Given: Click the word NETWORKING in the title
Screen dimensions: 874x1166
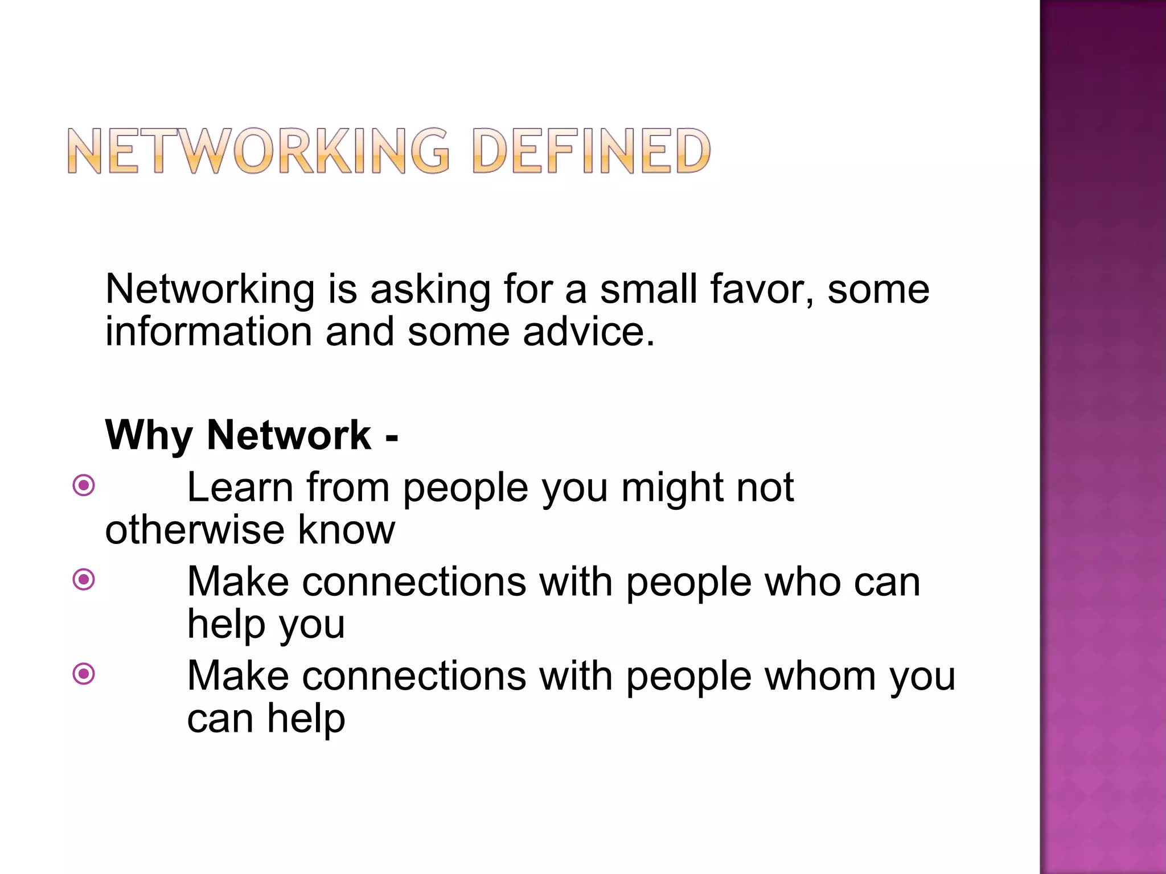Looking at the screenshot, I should pyautogui.click(x=259, y=151).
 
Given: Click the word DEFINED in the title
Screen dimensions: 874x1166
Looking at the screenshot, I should pyautogui.click(x=592, y=151).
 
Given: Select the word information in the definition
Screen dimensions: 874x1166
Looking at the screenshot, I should pyautogui.click(x=208, y=332).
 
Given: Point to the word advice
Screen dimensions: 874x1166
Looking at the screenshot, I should pyautogui.click(x=589, y=332).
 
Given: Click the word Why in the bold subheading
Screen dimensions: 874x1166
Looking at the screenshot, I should pyautogui.click(x=149, y=436).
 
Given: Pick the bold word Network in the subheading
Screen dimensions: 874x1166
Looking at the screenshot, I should pyautogui.click(x=289, y=435).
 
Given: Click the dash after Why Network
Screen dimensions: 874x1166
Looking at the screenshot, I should pyautogui.click(x=392, y=437).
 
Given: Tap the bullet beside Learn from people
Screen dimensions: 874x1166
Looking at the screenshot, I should pyautogui.click(x=84, y=486).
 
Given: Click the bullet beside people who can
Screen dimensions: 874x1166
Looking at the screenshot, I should pyautogui.click(x=84, y=580).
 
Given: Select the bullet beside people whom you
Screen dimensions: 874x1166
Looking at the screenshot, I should pyautogui.click(x=84, y=674).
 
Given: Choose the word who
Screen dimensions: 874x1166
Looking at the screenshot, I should pyautogui.click(x=802, y=582).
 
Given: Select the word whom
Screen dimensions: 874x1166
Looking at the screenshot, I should pyautogui.click(x=820, y=677).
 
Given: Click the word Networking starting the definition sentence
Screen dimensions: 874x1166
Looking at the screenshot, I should pyautogui.click(x=210, y=290).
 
